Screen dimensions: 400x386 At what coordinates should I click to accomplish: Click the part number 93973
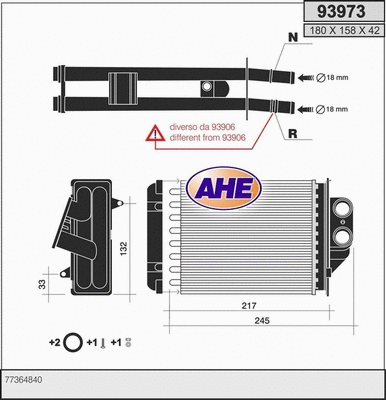click(339, 13)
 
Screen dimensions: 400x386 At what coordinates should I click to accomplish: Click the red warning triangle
click(154, 132)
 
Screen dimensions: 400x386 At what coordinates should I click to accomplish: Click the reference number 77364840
click(24, 381)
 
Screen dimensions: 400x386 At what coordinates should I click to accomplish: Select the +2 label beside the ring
click(54, 343)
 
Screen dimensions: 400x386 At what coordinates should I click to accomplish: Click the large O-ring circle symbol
click(72, 343)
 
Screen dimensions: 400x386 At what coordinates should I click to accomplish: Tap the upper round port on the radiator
click(343, 211)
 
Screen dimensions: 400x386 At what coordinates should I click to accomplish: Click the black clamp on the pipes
click(125, 89)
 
